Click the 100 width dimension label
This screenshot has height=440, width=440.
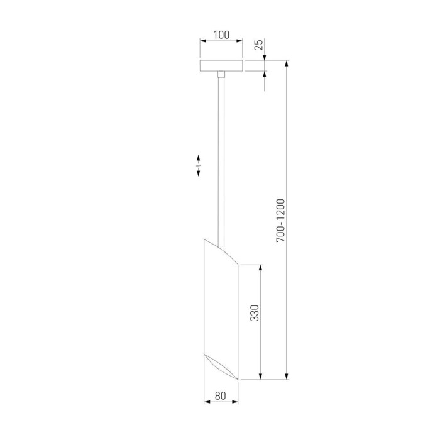221,35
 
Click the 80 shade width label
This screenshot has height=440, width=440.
221,396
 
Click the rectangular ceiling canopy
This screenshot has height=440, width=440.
221,65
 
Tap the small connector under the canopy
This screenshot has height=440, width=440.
221,75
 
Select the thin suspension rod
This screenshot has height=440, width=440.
221,157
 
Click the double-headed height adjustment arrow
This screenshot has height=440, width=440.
198,165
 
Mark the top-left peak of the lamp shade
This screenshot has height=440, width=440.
207,240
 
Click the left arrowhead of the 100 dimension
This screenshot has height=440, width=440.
202,42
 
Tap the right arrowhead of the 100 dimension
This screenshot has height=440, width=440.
239,42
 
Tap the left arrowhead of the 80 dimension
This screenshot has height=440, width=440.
208,403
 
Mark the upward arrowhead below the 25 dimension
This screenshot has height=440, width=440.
264,73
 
